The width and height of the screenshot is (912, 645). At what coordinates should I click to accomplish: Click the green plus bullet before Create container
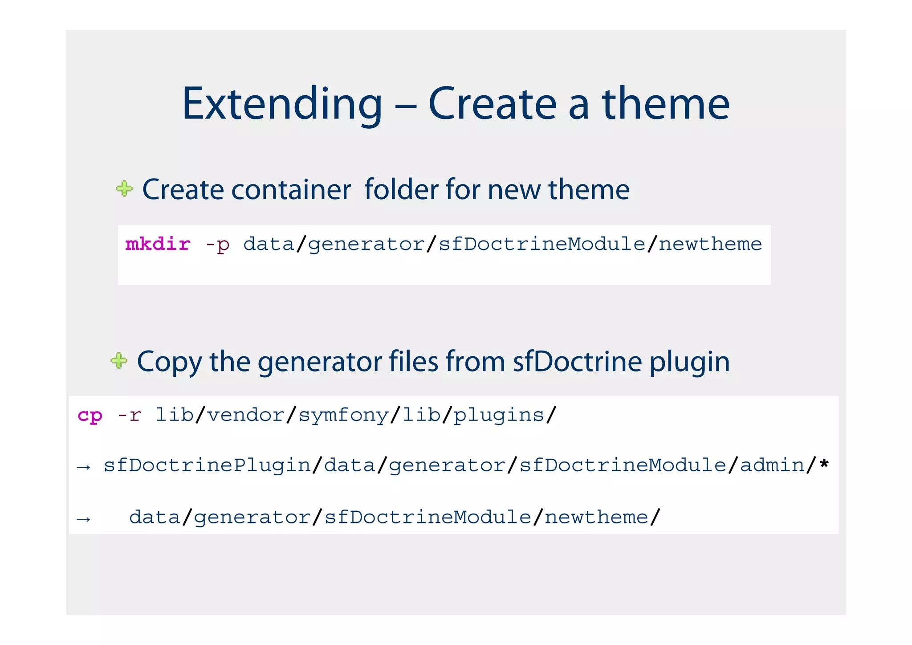coord(124,188)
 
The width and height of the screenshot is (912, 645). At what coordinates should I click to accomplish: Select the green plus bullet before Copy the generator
coord(119,360)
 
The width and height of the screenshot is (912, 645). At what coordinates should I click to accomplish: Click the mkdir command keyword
coord(158,244)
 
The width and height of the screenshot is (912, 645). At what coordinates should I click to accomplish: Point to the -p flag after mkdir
coord(217,245)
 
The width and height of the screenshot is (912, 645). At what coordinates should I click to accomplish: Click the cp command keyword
coord(90,416)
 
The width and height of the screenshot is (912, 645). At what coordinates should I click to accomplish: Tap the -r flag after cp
coord(129,415)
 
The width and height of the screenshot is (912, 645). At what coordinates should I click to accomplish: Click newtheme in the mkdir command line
coord(710,244)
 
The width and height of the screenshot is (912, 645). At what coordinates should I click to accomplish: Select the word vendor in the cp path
coord(245,415)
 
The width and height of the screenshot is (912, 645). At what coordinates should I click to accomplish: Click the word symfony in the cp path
coord(344,416)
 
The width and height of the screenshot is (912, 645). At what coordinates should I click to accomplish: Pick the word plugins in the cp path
coord(499,416)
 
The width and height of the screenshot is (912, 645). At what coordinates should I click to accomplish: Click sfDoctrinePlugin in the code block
coord(207,465)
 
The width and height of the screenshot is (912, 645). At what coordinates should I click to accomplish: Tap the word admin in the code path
coord(772,465)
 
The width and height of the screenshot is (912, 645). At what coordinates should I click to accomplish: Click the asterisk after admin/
coord(824,464)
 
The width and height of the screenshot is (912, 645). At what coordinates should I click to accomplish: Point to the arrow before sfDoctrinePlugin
coord(84,467)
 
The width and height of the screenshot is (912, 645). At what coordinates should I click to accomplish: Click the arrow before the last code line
coord(84,519)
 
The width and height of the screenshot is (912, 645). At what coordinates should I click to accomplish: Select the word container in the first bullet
coord(291,190)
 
